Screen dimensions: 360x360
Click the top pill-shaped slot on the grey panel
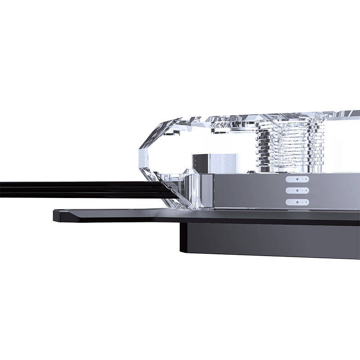tap(297, 179)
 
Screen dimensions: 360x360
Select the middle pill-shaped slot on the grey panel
tap(297, 190)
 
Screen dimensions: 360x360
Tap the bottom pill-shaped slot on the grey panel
tap(297, 202)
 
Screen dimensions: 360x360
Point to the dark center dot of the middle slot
tap(297, 190)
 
